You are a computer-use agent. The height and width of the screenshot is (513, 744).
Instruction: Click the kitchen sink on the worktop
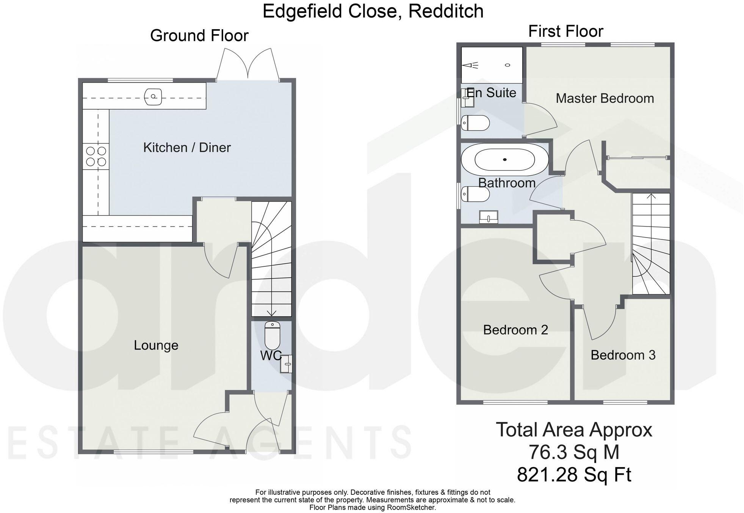pyautogui.click(x=153, y=96)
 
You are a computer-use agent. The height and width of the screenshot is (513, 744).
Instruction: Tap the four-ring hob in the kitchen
pyautogui.click(x=96, y=156)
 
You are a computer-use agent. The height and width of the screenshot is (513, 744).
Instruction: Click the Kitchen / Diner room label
pyautogui.click(x=187, y=148)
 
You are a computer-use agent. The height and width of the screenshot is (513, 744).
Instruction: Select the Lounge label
pyautogui.click(x=156, y=345)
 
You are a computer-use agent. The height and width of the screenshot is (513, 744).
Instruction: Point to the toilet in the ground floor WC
pyautogui.click(x=272, y=335)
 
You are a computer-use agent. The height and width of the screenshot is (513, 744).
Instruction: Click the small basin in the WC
pyautogui.click(x=287, y=364)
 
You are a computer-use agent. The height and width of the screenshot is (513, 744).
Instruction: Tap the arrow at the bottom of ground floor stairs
pyautogui.click(x=271, y=313)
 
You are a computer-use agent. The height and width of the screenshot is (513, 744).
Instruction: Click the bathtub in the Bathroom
pyautogui.click(x=505, y=160)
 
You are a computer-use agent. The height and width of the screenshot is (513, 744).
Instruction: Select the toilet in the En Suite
pyautogui.click(x=475, y=123)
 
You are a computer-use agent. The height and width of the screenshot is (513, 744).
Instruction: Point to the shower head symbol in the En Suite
pyautogui.click(x=470, y=65)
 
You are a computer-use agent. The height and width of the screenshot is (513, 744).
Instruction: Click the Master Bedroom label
pyautogui.click(x=605, y=99)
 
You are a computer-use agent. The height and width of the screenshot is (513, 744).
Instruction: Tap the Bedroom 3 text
pyautogui.click(x=623, y=355)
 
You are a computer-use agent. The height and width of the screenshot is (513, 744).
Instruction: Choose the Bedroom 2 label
pyautogui.click(x=515, y=330)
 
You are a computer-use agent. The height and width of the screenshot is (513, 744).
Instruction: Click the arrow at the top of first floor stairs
pyautogui.click(x=651, y=197)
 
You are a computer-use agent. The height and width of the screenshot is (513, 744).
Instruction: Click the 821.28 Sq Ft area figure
pyautogui.click(x=574, y=474)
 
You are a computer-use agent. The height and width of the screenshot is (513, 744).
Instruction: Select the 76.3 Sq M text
pyautogui.click(x=574, y=452)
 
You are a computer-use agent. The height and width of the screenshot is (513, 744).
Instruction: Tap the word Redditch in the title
pyautogui.click(x=446, y=11)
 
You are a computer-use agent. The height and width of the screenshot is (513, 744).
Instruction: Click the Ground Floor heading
pyautogui.click(x=199, y=36)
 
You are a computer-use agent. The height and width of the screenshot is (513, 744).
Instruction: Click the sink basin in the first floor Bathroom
pyautogui.click(x=488, y=217)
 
